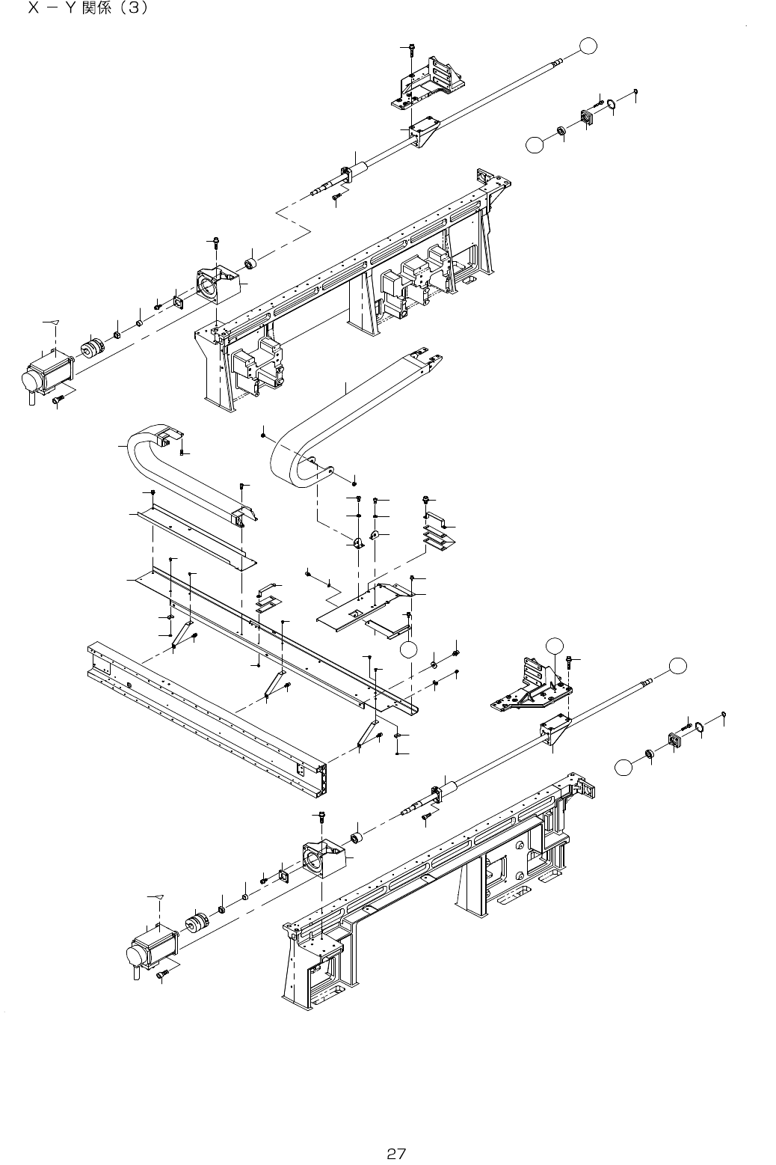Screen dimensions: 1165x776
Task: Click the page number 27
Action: (395, 1132)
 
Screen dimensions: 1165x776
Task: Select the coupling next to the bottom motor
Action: (198, 923)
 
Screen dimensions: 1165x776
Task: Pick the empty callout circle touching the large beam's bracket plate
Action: (407, 649)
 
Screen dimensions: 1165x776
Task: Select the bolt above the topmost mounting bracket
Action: (410, 49)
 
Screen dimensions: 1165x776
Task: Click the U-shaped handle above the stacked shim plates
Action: (437, 518)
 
